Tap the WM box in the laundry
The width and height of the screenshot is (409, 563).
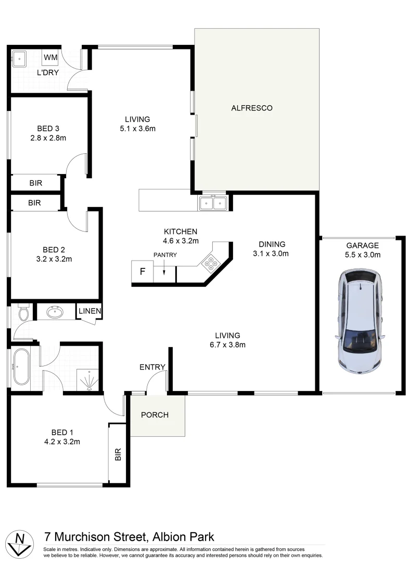50,57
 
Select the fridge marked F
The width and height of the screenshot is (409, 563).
142,272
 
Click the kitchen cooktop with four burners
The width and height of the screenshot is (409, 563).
211,263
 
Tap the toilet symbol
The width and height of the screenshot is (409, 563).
22,313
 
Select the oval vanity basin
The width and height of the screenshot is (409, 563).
54,312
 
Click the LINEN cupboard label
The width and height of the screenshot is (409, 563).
90,311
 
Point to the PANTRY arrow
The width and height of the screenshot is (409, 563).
164,269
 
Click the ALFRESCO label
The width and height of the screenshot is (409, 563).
252,108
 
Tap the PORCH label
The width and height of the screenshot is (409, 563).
155,415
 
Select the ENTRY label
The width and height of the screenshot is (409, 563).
152,367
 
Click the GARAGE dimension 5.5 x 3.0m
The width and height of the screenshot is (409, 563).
363,255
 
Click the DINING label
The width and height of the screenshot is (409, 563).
272,244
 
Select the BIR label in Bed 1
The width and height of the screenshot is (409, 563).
118,455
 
